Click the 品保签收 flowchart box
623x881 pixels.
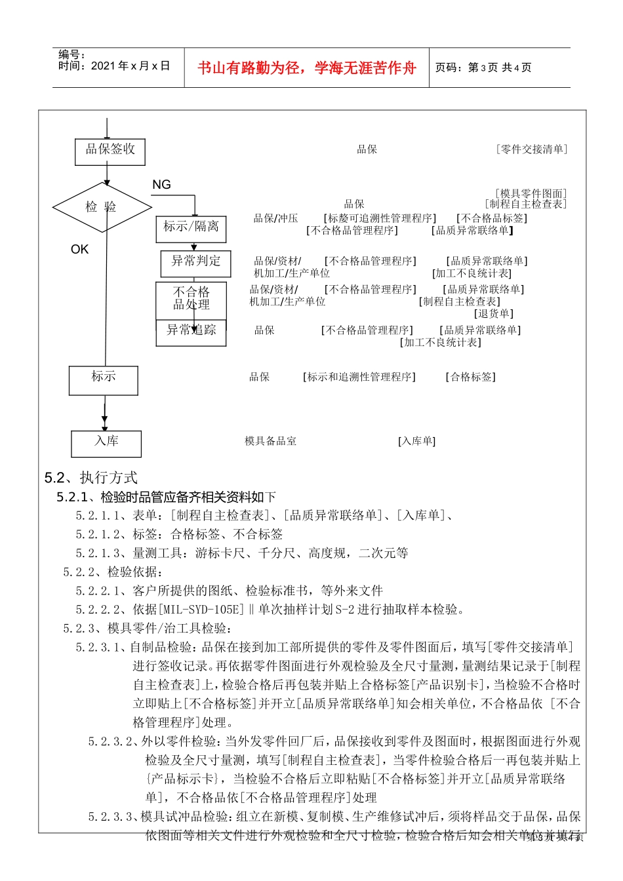[x=110, y=151]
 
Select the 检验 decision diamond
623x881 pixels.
[x=102, y=207]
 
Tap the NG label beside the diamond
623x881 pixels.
[x=161, y=185]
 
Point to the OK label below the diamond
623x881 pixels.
[x=79, y=249]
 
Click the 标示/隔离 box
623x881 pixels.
[x=191, y=227]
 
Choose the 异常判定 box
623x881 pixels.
[x=195, y=262]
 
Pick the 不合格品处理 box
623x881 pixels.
[x=191, y=299]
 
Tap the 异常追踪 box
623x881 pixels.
[x=191, y=331]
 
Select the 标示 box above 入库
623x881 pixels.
[x=104, y=380]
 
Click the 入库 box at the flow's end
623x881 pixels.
[x=106, y=442]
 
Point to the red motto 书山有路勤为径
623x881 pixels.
[x=307, y=68]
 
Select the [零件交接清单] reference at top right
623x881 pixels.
[x=531, y=149]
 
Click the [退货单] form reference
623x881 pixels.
[x=494, y=313]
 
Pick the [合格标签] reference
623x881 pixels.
[x=470, y=377]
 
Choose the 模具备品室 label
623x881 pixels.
[x=270, y=441]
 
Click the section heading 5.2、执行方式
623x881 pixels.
[x=91, y=477]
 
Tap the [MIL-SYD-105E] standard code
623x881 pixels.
[x=201, y=610]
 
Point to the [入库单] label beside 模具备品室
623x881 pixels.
[x=416, y=441]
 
